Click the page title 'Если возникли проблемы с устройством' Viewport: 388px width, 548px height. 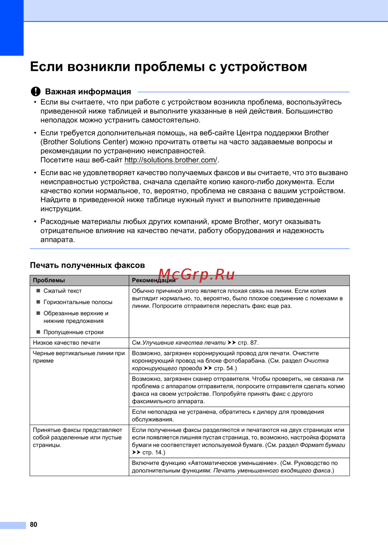(168, 67)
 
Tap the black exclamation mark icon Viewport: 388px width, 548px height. (36, 92)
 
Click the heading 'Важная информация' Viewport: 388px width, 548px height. (88, 92)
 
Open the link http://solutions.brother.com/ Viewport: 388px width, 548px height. (171, 160)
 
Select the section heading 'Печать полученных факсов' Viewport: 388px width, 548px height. (87, 265)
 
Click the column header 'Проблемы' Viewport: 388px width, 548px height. (49, 280)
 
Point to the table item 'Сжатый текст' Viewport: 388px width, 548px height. (62, 291)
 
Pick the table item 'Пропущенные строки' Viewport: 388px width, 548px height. (73, 332)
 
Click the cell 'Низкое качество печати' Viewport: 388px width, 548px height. (66, 343)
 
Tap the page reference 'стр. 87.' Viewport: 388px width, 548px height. (248, 343)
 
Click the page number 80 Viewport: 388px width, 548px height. (34, 524)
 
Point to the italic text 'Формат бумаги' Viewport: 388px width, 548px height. (322, 445)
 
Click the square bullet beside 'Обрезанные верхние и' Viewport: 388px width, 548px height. (38, 313)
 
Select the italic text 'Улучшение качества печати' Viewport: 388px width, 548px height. (184, 343)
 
